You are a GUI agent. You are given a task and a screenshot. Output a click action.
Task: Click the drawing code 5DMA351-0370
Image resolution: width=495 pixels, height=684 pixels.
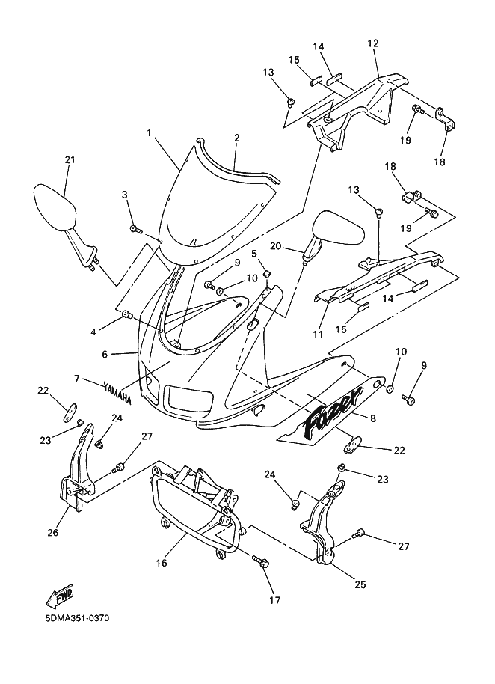point(78,620)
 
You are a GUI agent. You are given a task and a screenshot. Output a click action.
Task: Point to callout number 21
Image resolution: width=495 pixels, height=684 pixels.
point(70,159)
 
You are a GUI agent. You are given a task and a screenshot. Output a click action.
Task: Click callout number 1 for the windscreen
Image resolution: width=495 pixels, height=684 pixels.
point(149,133)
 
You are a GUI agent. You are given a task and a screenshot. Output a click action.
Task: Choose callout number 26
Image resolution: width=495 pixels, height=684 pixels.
point(52,533)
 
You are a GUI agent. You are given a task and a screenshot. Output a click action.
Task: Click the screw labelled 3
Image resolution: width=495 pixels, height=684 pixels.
point(134,229)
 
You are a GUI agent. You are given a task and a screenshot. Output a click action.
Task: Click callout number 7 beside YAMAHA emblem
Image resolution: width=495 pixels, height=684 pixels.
point(78,379)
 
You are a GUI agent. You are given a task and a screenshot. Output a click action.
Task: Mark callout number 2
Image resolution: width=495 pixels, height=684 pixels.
point(215,138)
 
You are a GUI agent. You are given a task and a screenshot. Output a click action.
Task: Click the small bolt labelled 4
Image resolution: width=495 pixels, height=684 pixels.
point(126,314)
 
